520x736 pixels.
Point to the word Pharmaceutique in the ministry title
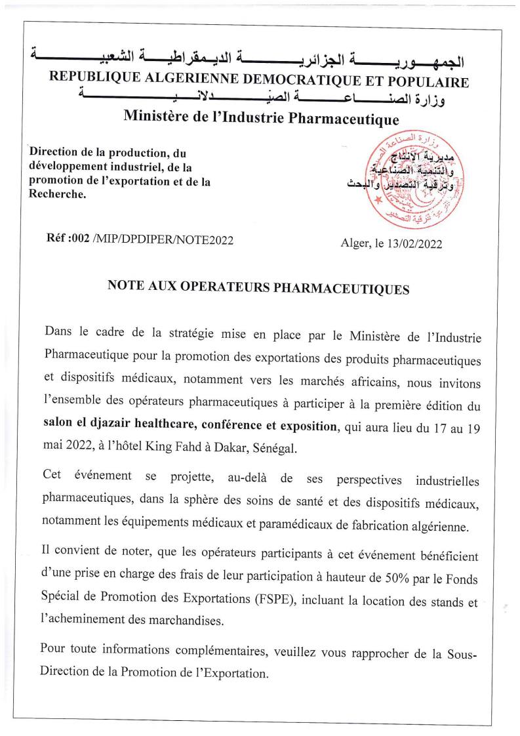(x=346, y=119)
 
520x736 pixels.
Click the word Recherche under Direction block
(x=58, y=195)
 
